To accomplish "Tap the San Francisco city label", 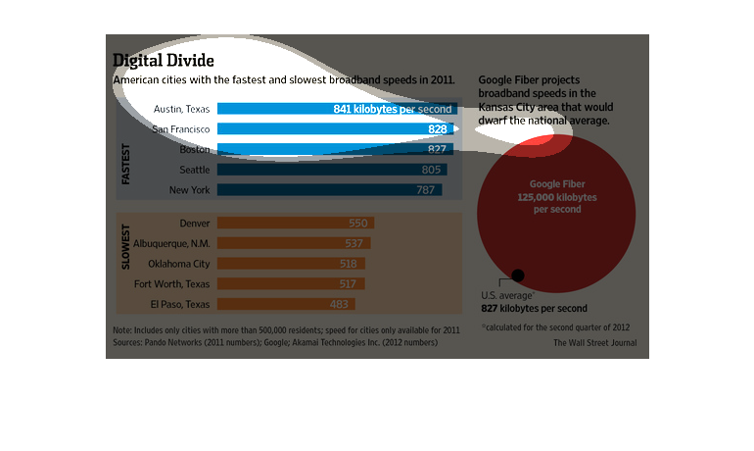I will [181, 129].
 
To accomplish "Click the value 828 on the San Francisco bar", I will [438, 129].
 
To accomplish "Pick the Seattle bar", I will [332, 170].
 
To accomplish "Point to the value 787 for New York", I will [425, 190].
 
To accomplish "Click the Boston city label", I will [195, 150].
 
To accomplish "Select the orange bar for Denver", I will [295, 224].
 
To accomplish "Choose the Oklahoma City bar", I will [291, 264].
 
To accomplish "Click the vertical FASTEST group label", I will [126, 165].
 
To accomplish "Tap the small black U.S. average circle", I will [518, 276].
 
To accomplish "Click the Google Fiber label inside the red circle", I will [556, 184].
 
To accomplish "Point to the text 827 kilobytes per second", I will [535, 308].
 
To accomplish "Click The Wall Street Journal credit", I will [594, 343].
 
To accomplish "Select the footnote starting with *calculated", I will [554, 326].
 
